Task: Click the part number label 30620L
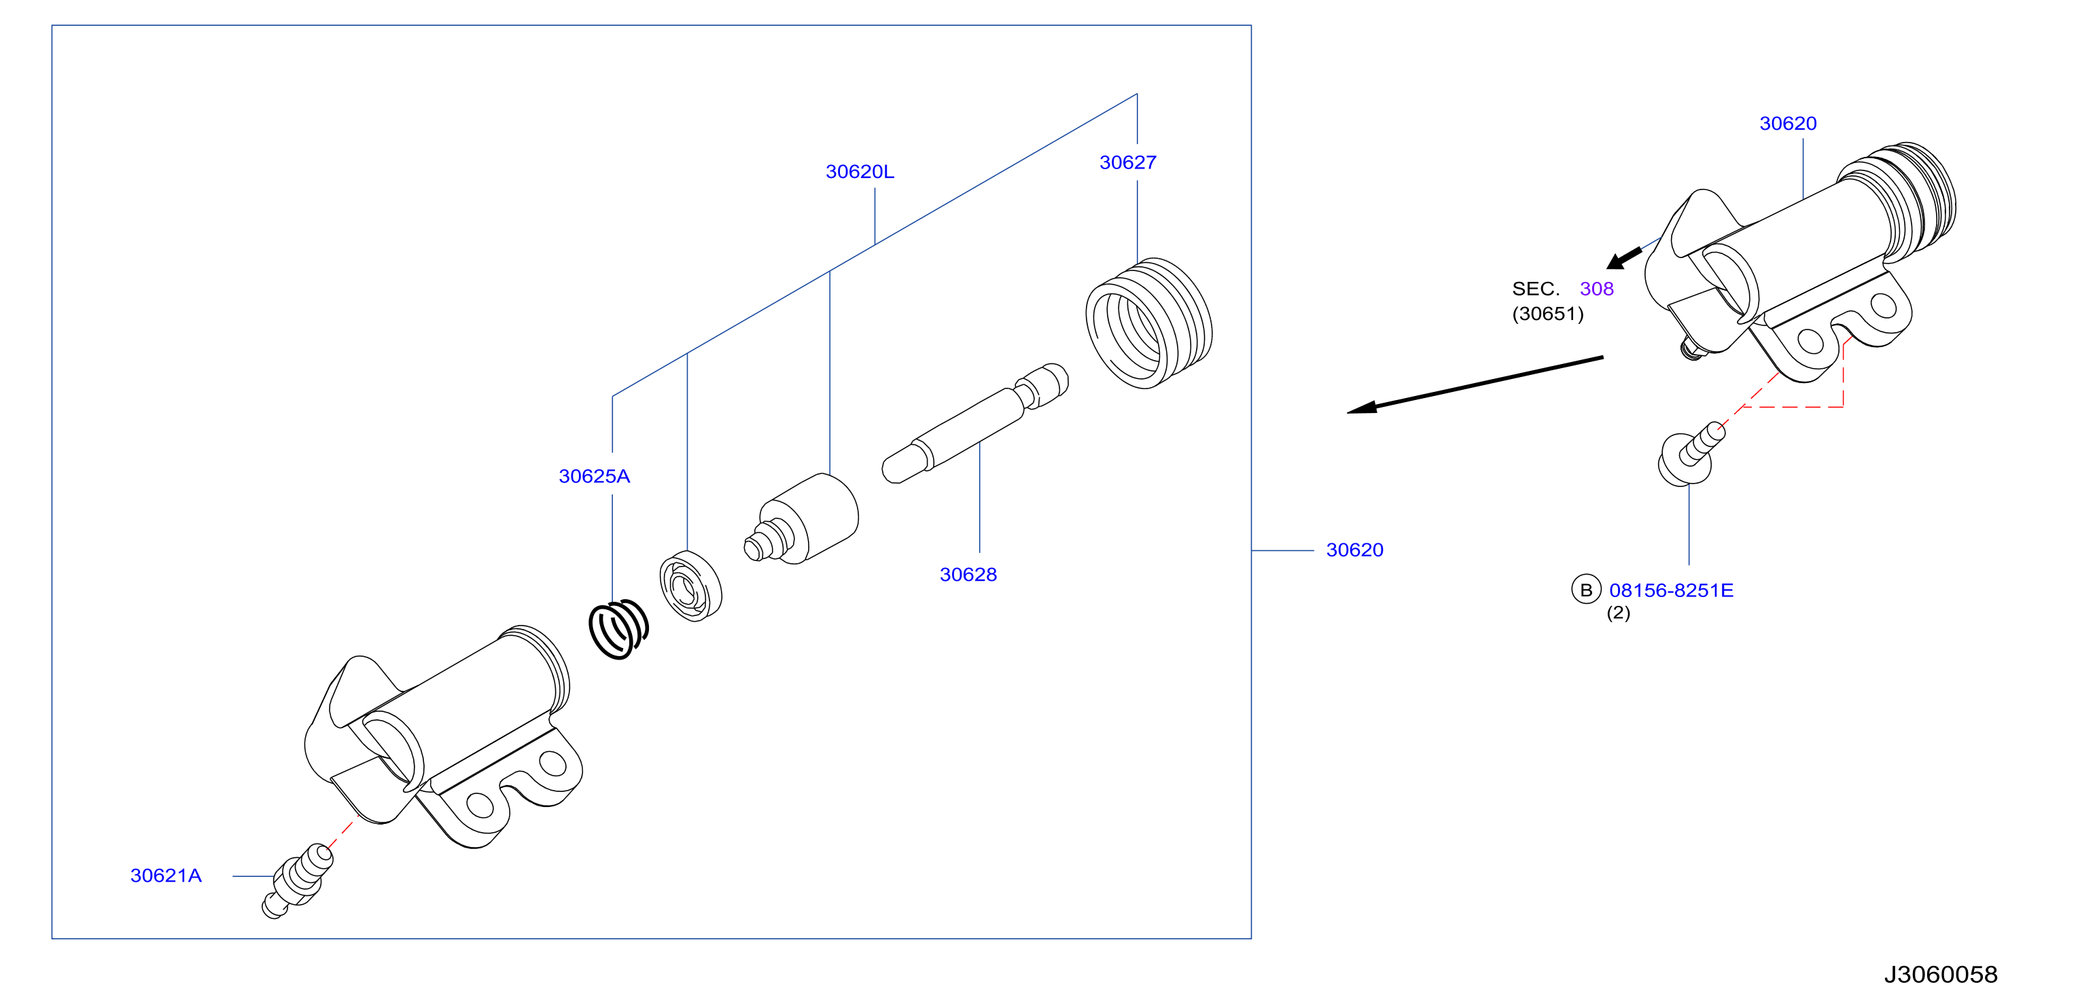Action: point(859,172)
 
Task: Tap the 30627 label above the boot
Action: point(1128,163)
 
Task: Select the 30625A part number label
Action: point(595,477)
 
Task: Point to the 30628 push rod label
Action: point(968,575)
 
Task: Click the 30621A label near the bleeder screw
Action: point(166,876)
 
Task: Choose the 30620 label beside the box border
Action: point(1354,550)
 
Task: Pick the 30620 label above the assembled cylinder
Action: point(1788,124)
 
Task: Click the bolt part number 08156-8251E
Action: point(1671,590)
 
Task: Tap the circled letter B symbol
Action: point(1586,590)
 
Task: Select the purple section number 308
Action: point(1596,289)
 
